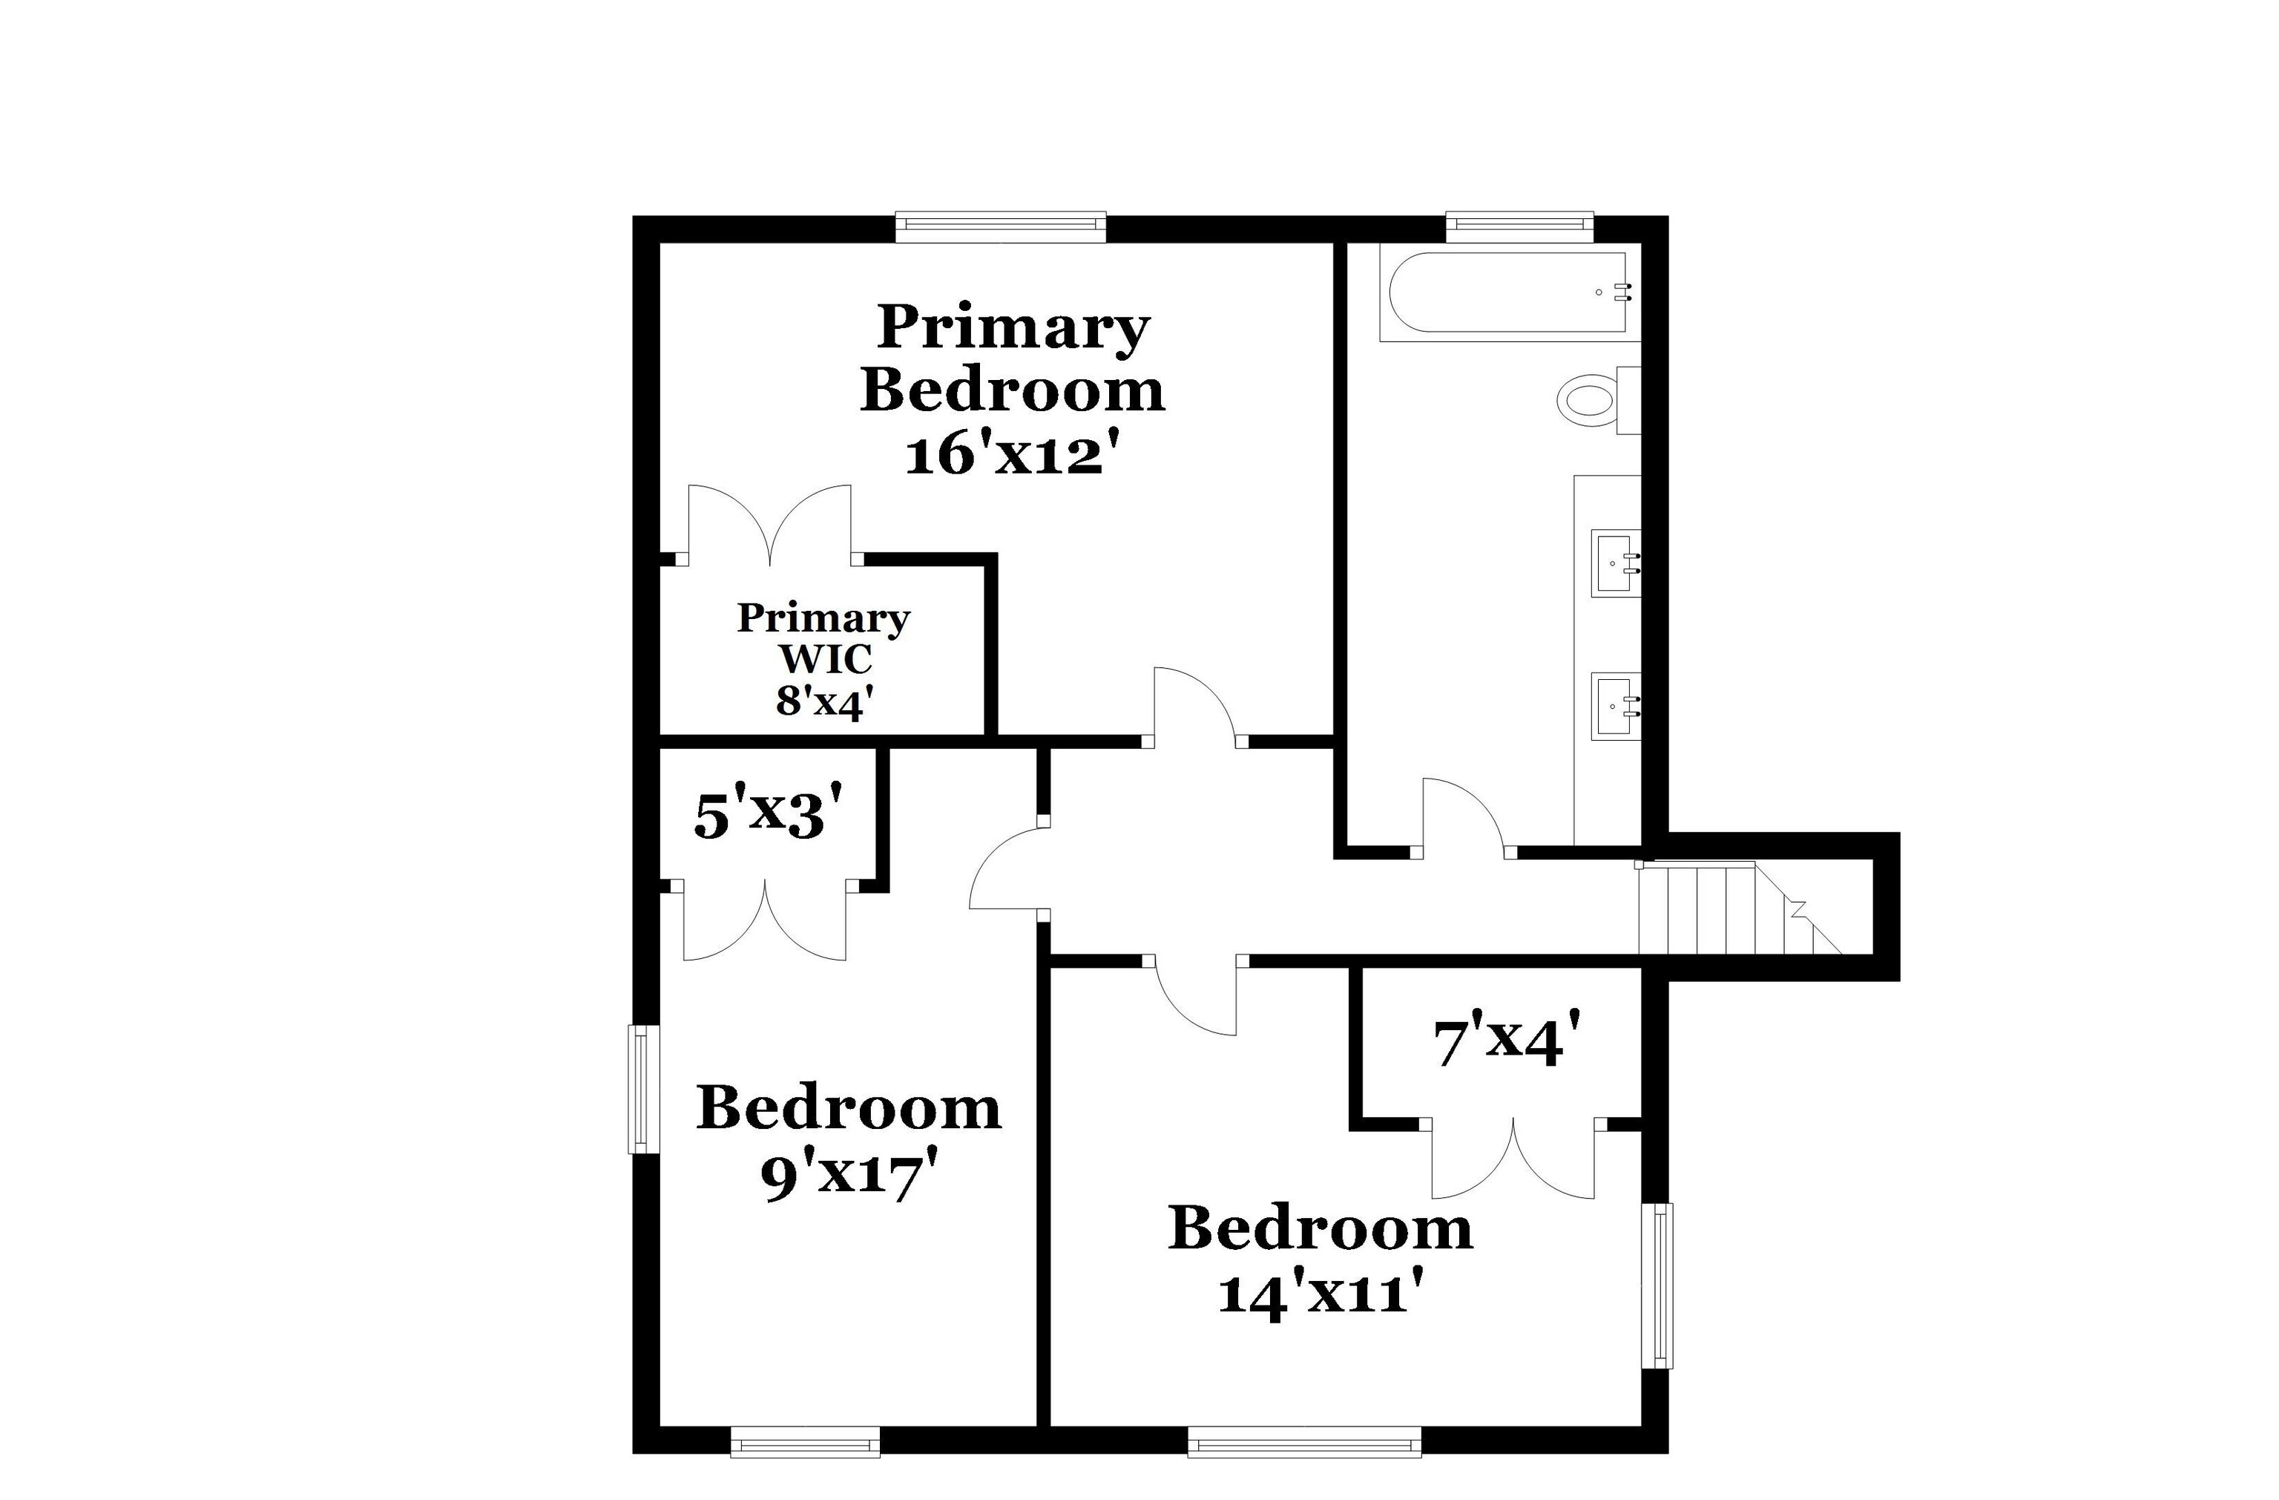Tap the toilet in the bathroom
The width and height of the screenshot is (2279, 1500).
click(x=1591, y=400)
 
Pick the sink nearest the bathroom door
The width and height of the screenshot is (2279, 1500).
click(x=1617, y=707)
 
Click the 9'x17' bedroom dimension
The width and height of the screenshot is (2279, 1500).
click(x=849, y=1178)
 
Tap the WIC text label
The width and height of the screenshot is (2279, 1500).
click(x=824, y=660)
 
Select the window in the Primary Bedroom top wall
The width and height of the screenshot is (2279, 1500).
click(x=1001, y=226)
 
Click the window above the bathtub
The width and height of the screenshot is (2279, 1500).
click(x=1519, y=226)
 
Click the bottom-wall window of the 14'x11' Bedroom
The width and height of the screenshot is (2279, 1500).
click(x=1304, y=1467)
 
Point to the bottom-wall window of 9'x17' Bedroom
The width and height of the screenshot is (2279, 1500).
click(x=804, y=1467)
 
